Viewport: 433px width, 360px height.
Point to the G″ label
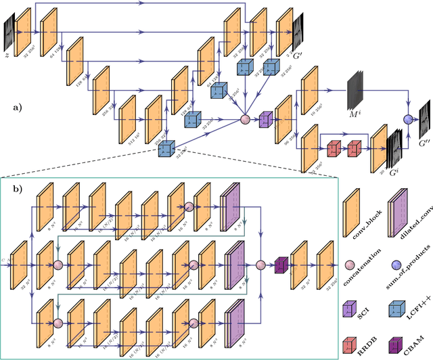click(423, 143)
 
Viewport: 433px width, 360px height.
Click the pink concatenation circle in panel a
click(245, 120)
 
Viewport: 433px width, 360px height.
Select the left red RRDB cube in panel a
click(333, 148)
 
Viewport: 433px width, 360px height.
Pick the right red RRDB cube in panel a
click(354, 148)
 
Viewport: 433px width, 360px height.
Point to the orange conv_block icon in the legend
click(352, 205)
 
